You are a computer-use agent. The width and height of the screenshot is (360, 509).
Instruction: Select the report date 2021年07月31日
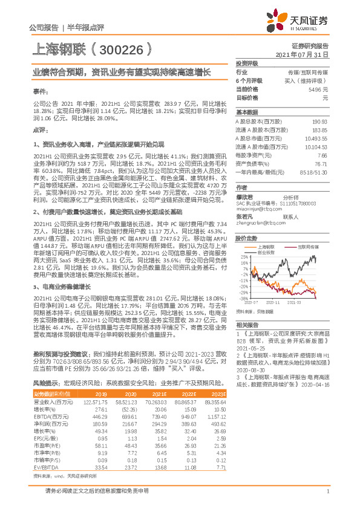click(x=303, y=54)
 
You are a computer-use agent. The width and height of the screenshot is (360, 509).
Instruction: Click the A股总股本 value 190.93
click(x=320, y=122)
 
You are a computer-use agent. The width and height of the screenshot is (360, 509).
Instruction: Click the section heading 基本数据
click(x=246, y=113)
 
